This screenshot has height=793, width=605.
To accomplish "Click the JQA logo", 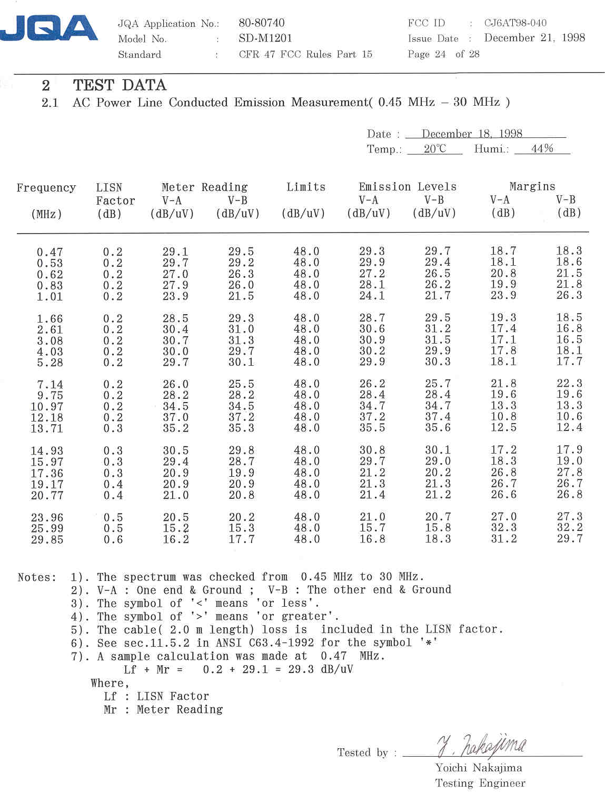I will pos(49,28).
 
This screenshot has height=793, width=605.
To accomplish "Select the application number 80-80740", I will pos(261,23).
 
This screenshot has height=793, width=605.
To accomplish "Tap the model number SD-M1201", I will pos(265,38).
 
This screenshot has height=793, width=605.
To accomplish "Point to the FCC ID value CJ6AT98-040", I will pos(515,23).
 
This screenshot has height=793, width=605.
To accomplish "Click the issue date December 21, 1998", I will pos(534,38).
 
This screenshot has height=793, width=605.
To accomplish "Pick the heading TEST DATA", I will pos(120,85).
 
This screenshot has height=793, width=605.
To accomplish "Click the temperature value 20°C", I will pos(434,149).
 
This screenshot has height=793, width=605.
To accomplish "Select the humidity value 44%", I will pos(542,149).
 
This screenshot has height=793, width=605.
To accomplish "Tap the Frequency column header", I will pos(46,188).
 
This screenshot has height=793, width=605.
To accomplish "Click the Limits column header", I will pos(306,187).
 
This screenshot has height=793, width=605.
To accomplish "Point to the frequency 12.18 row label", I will pos(47,417).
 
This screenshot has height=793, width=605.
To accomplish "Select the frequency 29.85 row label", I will pos(47,539).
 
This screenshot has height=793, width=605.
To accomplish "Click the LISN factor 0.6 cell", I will pos(113,539).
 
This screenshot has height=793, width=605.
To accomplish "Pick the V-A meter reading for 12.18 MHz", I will pos(175,417).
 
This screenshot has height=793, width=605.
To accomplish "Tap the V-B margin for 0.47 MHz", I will pos(569,252).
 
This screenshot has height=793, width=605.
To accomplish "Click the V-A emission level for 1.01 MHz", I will pos(372,296).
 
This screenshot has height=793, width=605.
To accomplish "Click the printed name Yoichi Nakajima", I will pos(479,768).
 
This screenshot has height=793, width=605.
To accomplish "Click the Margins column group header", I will pos(532,187).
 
